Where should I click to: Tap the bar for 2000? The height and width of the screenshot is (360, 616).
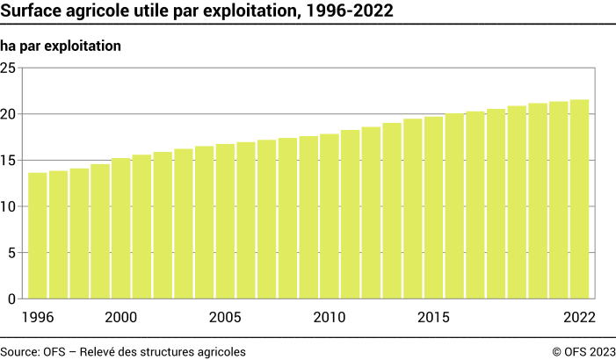coord(121,228)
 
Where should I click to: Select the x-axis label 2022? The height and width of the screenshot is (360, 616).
coord(579,317)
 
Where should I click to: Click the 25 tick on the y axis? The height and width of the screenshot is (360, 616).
coord(9,68)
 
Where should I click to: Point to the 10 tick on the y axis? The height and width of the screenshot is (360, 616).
coord(9,206)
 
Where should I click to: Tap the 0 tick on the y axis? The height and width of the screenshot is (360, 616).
coord(12,299)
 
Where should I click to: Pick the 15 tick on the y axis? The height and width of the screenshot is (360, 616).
coord(9,160)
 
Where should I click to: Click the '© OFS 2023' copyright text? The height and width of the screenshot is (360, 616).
coord(583,351)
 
